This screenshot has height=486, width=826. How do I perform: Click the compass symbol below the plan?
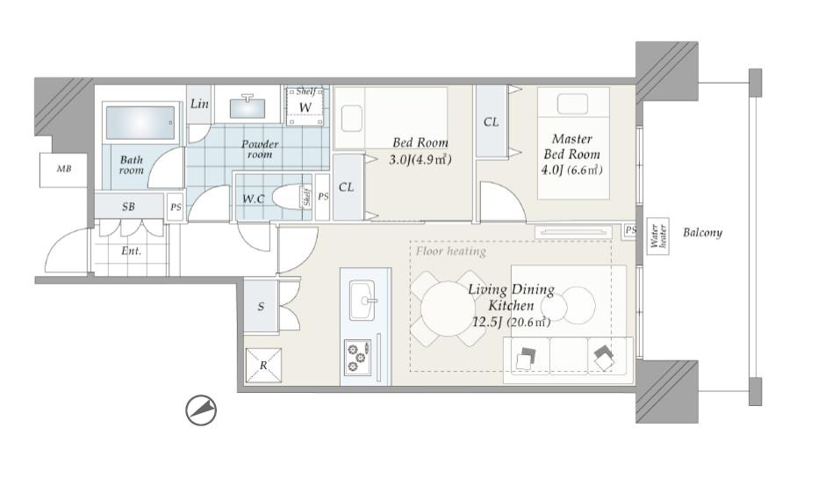(x=201, y=410)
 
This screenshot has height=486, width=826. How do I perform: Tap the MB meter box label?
(x=64, y=169)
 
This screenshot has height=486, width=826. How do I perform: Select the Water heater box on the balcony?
(x=658, y=236)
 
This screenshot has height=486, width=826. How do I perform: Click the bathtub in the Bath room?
(x=140, y=122)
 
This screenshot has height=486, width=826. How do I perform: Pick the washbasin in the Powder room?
(x=248, y=106)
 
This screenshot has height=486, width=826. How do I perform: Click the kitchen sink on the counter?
(x=363, y=301)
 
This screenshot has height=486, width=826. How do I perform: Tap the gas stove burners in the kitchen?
(x=357, y=357)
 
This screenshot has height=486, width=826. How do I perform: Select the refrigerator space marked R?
(x=263, y=366)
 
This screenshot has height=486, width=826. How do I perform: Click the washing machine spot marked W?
(x=305, y=106)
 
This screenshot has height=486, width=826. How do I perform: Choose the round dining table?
(x=448, y=308)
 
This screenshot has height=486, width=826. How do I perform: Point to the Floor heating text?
(x=451, y=251)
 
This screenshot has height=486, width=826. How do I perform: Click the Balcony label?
(x=702, y=233)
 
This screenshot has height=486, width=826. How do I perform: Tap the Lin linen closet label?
(x=199, y=104)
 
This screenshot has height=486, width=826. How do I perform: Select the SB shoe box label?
(x=128, y=207)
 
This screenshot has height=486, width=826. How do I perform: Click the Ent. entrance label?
(x=131, y=251)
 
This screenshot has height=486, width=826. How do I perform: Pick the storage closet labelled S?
(x=261, y=306)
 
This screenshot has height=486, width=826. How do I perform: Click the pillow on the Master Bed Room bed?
(x=572, y=104)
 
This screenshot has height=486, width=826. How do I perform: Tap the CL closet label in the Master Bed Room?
(x=491, y=122)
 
